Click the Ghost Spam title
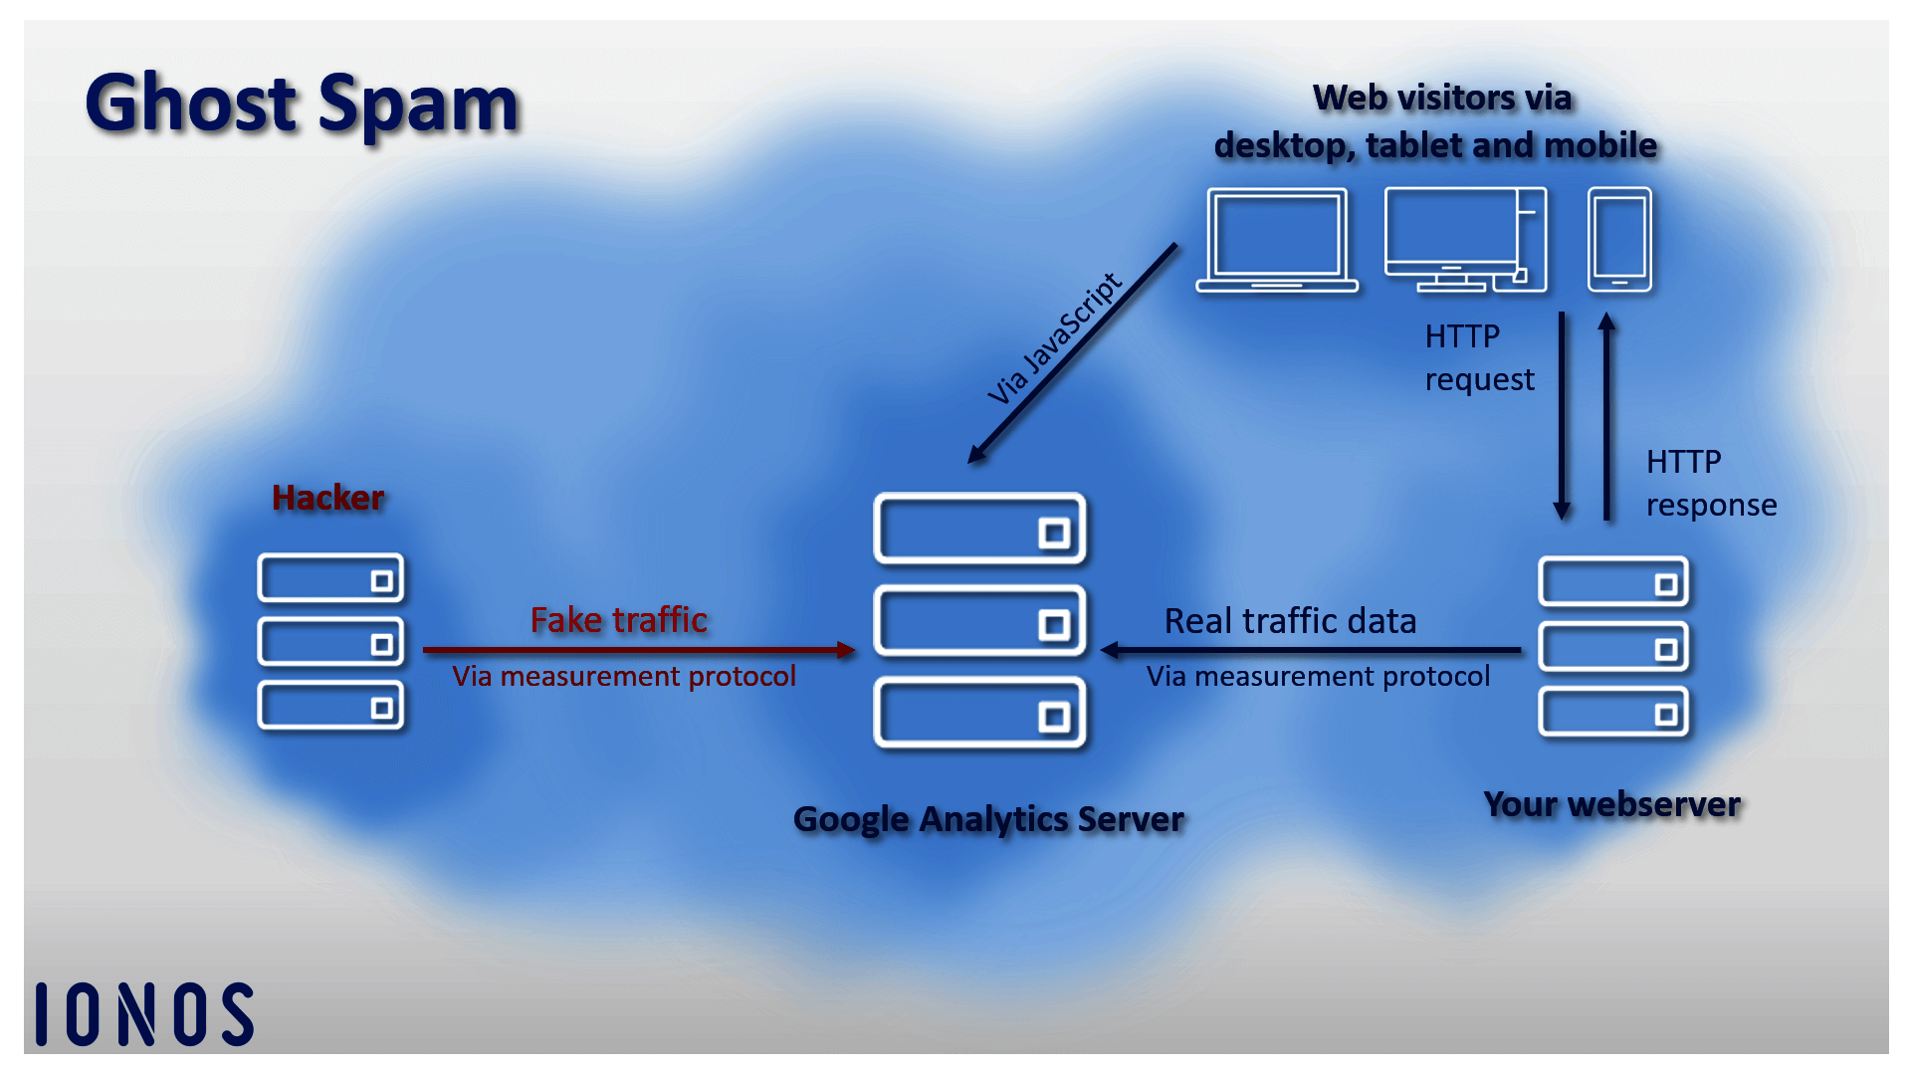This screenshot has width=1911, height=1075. point(302,103)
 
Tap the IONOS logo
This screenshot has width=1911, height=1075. point(145,1014)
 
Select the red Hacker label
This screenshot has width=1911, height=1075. point(327,498)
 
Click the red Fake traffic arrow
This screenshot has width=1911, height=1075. point(637,650)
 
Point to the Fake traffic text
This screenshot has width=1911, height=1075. point(618,620)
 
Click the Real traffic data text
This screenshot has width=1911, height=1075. point(1290,621)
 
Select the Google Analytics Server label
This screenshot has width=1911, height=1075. point(988,819)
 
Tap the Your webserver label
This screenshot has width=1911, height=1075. point(1611,804)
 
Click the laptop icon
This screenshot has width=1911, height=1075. point(1277,240)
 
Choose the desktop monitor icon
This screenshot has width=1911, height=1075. point(1464,240)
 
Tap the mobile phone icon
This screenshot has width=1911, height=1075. point(1619,240)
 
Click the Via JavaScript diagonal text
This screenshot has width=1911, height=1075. point(1055,338)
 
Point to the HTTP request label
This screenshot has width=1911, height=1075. point(1479,358)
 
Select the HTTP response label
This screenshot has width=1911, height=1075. point(1710,484)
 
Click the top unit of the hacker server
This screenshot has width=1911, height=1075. point(330,578)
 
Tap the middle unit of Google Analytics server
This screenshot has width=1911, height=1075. point(979,621)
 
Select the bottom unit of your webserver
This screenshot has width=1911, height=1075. point(1612,713)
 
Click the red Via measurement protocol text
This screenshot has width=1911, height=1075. point(624,677)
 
